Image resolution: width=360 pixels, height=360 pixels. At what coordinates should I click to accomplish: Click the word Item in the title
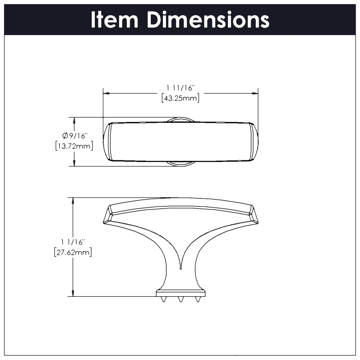115,20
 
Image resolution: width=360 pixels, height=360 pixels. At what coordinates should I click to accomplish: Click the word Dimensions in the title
208,20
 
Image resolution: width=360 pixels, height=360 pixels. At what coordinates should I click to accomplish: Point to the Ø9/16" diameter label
74,136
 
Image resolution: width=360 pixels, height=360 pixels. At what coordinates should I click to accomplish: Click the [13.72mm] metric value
74,146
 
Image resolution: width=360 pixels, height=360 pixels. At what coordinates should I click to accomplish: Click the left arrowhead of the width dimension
106,93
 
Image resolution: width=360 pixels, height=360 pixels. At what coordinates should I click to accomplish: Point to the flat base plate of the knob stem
180,294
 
